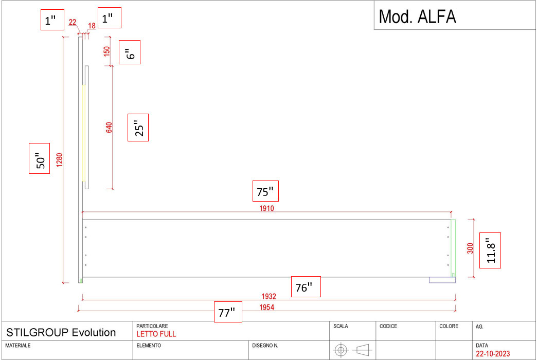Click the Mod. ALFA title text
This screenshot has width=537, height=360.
point(417,17)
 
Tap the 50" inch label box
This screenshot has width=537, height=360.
point(39,158)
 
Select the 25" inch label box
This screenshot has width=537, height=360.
point(138,128)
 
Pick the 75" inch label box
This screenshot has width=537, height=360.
point(265,191)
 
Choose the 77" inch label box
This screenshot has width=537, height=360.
point(228,312)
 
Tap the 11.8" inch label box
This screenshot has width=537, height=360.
point(490,250)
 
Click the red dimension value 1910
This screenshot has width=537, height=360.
point(266,208)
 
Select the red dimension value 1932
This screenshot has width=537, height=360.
point(269,296)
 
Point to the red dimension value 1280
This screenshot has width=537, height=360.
point(60,160)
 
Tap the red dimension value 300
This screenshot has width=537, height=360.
point(470,248)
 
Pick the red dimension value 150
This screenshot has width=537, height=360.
point(107,52)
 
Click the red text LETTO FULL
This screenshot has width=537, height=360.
point(156,334)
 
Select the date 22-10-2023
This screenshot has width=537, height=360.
point(493,353)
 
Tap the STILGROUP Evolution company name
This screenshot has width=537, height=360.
point(61,332)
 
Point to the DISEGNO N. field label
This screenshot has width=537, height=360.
point(265,345)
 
